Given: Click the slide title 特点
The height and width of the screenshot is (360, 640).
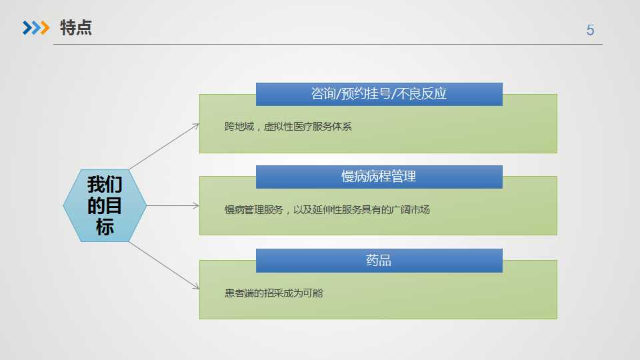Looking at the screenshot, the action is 76,28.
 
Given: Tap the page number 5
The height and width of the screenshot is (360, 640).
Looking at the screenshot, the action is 590,30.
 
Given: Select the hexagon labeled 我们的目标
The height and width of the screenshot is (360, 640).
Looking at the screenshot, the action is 105,206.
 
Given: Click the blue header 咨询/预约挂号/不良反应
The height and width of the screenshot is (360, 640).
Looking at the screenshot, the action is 379,94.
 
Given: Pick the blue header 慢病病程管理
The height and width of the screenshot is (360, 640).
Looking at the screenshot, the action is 379,177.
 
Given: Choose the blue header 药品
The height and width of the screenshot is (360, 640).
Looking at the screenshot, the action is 379,261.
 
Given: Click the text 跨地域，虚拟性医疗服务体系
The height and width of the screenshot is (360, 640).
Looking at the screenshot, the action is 288,127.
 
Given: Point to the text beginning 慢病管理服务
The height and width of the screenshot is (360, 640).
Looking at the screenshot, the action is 327,210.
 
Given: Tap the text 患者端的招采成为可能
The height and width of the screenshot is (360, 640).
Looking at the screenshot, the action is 274,293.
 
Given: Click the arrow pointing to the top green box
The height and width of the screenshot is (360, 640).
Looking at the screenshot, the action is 164,147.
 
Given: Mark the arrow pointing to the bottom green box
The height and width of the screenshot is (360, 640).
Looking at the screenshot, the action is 164,266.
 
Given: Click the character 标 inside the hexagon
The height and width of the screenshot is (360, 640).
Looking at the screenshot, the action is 105,227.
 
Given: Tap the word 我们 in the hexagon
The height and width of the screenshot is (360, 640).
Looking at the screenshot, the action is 105,185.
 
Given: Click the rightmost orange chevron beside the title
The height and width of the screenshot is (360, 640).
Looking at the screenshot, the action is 45,28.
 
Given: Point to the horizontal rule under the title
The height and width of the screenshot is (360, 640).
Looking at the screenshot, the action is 328,44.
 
